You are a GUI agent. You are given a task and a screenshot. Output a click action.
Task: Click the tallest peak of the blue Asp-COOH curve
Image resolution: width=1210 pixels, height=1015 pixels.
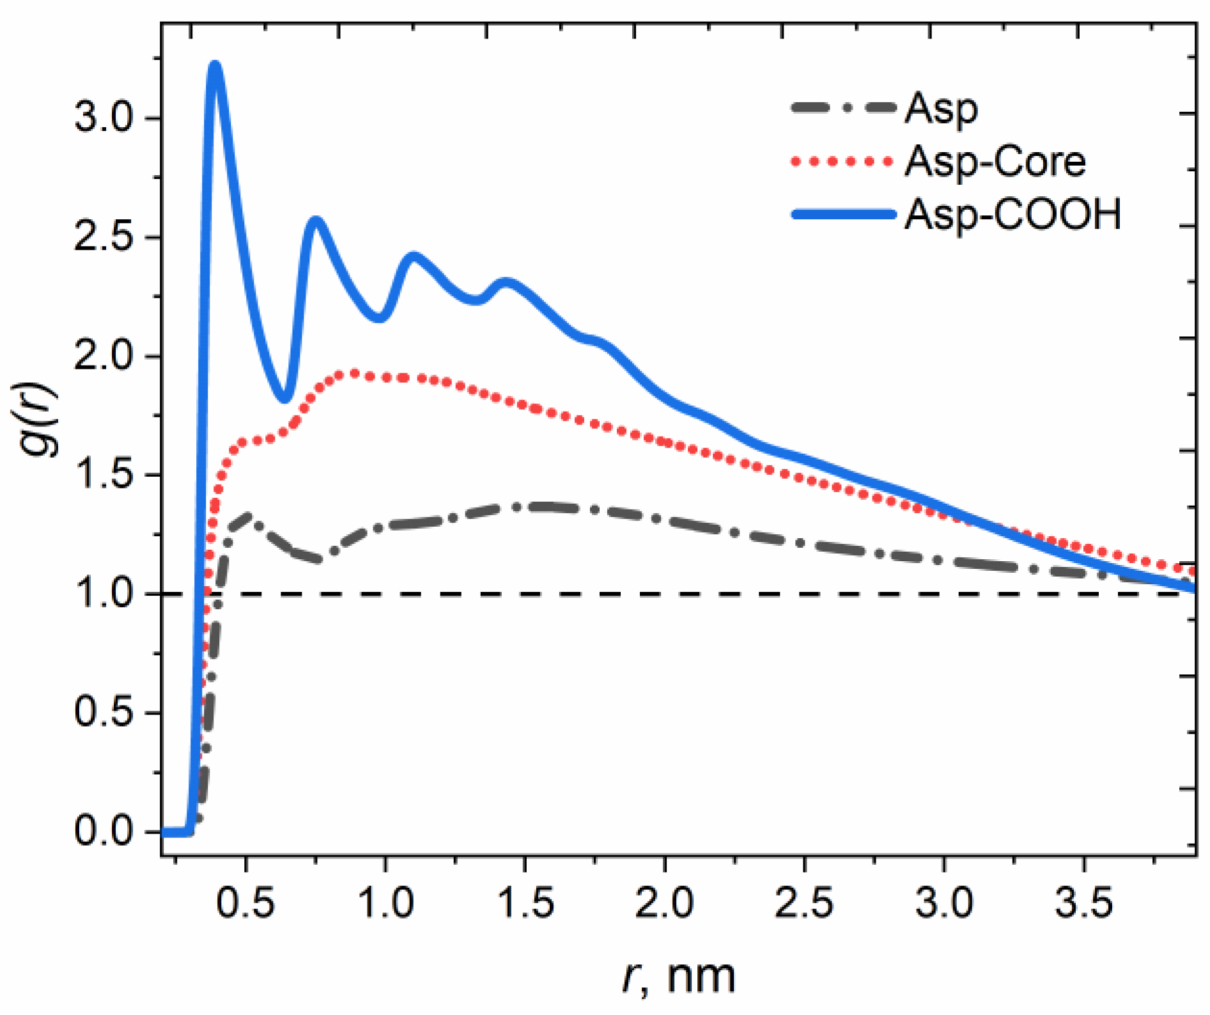[215, 66]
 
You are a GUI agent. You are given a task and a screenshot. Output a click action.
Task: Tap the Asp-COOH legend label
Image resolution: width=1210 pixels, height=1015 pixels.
[1012, 214]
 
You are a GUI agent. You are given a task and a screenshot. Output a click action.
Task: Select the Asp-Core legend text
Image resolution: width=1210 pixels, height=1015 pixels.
[995, 161]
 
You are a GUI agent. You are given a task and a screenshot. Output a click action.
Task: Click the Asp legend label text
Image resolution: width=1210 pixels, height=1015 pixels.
[941, 108]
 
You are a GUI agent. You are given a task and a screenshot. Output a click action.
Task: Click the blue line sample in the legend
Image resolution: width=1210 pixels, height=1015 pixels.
[843, 215]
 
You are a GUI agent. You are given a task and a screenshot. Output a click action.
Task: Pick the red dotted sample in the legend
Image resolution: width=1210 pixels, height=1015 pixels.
[843, 162]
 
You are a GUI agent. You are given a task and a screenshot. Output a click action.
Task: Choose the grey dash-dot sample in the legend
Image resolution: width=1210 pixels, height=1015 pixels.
[843, 108]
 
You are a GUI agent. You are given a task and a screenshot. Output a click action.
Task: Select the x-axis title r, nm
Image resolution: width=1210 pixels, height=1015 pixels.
[679, 977]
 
